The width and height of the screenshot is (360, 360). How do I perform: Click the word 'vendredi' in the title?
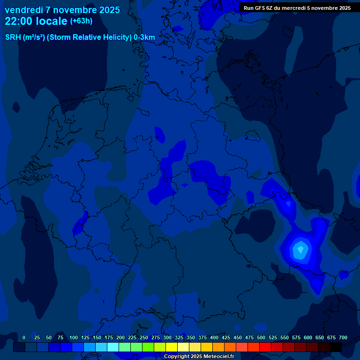click(24, 10)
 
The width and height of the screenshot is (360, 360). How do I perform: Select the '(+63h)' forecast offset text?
click(81, 21)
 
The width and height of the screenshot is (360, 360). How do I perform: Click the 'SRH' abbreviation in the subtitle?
click(13, 37)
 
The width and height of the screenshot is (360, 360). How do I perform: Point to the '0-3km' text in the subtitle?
click(144, 37)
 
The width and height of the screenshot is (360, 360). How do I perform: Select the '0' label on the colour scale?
click(24, 337)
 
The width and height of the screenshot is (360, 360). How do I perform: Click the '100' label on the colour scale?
click(74, 337)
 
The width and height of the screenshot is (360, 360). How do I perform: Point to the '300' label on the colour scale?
click(167, 337)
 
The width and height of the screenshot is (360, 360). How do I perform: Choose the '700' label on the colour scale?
click(343, 337)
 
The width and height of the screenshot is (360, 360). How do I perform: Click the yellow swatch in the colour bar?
click(172, 347)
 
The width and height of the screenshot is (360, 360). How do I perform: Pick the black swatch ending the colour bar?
click(336, 347)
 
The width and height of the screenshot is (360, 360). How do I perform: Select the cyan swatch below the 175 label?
click(113, 347)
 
